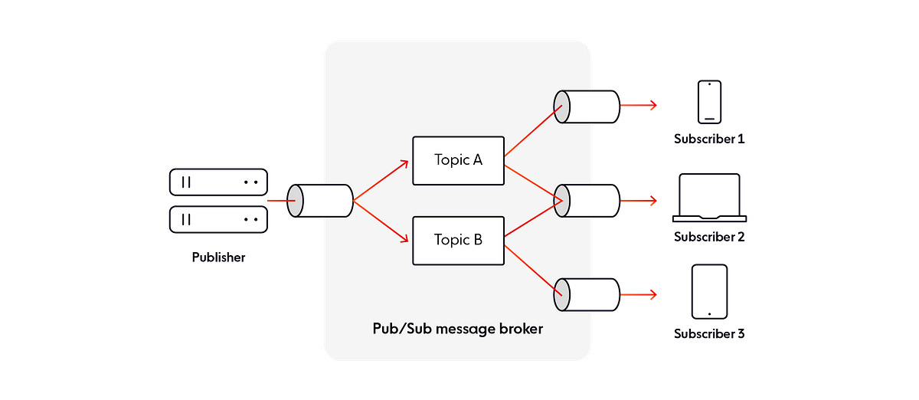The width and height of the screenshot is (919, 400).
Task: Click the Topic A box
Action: (459, 161)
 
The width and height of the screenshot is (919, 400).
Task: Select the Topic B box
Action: (459, 240)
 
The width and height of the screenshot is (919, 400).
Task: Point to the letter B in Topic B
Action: (477, 240)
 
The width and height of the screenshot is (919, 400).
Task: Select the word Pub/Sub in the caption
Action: (397, 330)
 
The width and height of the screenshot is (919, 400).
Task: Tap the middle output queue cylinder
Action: (586, 201)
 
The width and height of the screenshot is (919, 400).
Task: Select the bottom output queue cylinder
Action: (586, 295)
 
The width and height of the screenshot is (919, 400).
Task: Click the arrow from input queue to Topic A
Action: (382, 179)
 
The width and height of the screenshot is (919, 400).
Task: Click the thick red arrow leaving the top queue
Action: (639, 106)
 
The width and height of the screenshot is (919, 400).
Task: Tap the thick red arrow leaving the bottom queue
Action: (639, 295)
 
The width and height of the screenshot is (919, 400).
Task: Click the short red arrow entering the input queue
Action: (276, 202)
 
